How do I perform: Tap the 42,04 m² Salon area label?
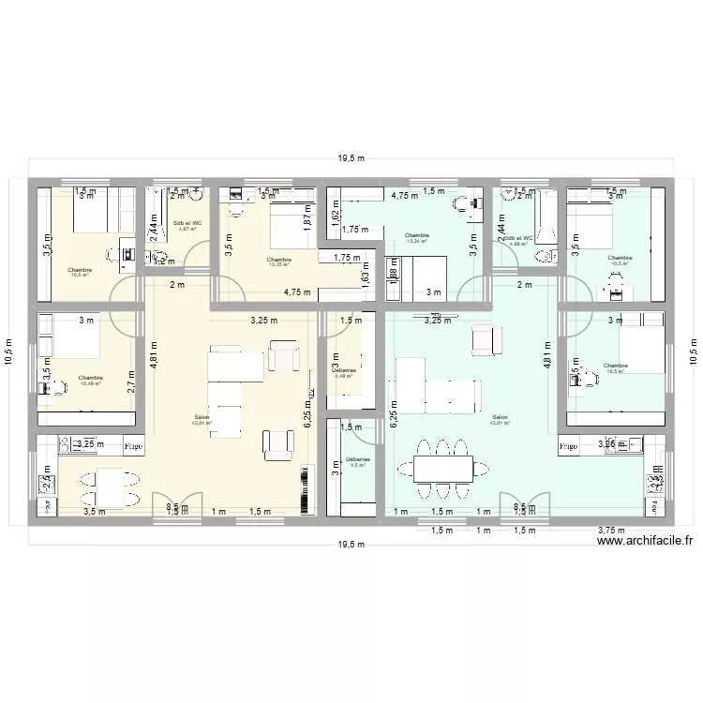[x=202, y=421]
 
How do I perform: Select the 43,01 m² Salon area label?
[x=499, y=420]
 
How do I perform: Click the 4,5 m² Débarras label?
[x=358, y=462]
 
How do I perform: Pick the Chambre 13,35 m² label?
[x=279, y=262]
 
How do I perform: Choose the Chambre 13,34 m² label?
[x=416, y=238]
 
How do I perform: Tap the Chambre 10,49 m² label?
[x=92, y=381]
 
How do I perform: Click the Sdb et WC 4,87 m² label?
[x=187, y=226]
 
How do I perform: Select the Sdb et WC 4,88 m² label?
[x=518, y=241]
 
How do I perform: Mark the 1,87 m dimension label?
[x=307, y=217]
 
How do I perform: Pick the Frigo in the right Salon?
[x=569, y=447]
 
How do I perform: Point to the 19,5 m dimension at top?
[x=351, y=158]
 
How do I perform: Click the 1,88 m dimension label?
[x=394, y=267]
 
